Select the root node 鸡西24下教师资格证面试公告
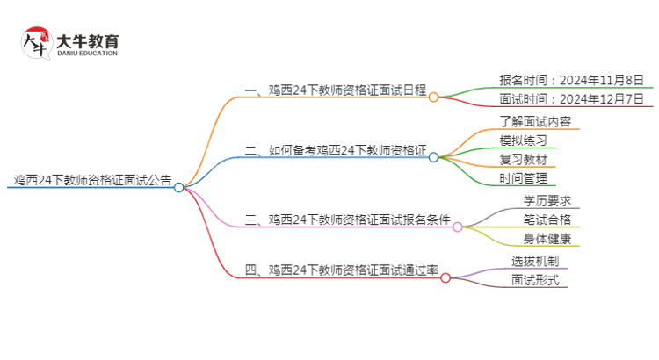[x=92, y=180]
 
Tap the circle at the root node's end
[x=179, y=187]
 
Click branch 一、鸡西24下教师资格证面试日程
[x=337, y=90]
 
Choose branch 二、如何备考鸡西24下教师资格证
[x=337, y=150]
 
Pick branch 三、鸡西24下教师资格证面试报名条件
[x=349, y=220]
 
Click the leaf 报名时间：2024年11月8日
[x=571, y=80]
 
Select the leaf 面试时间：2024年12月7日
[x=571, y=99]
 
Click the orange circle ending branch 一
[x=433, y=97]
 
